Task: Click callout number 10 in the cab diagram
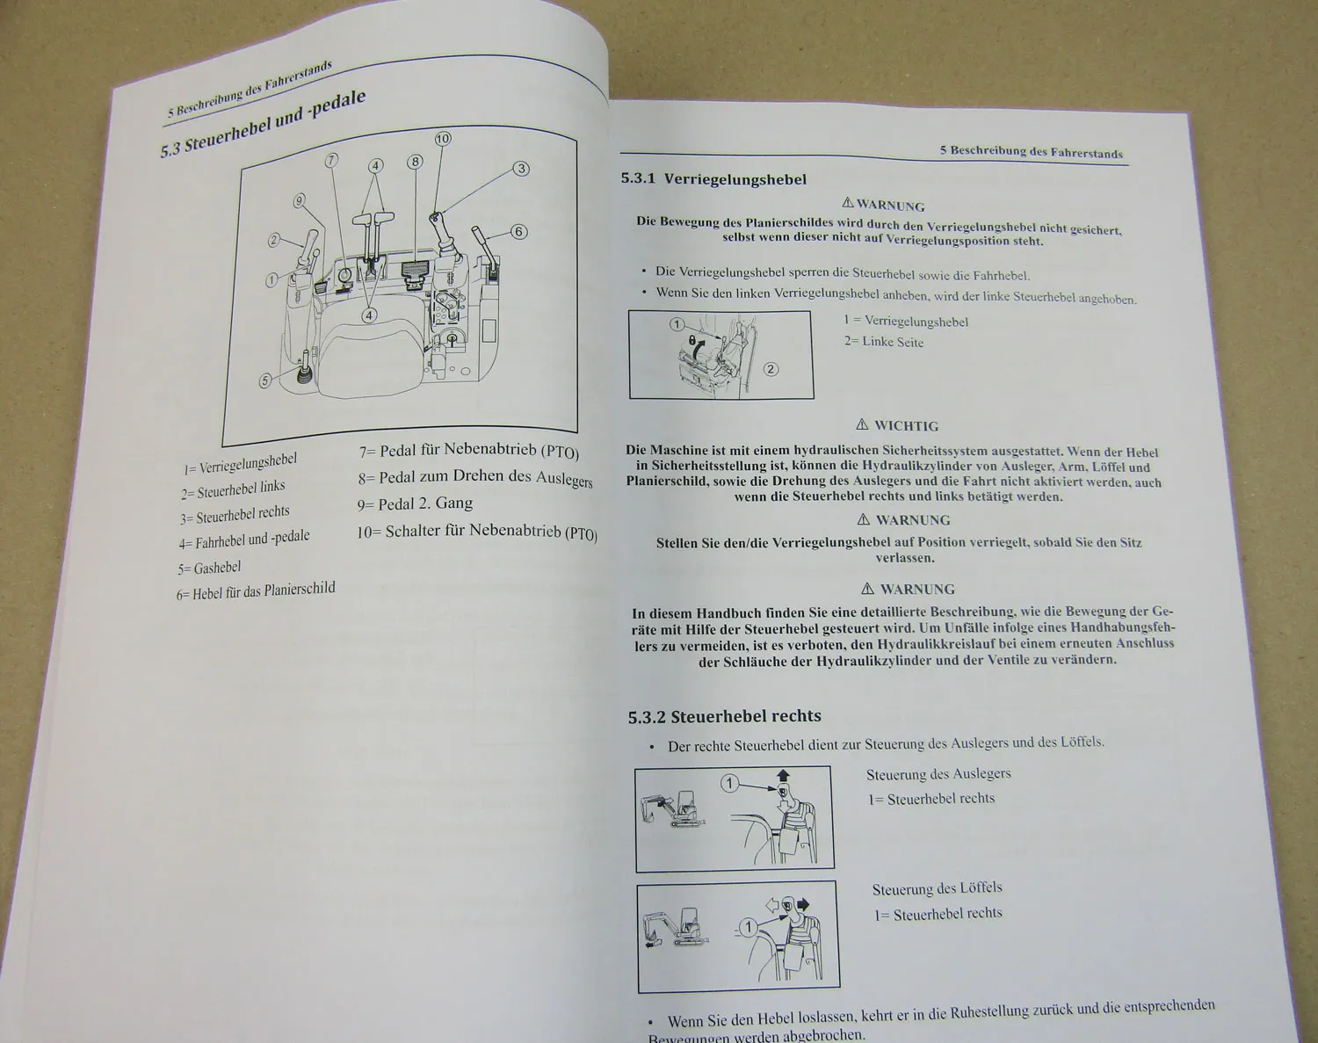click(443, 139)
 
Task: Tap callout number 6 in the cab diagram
click(519, 231)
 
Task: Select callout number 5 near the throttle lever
click(264, 380)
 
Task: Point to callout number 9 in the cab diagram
click(299, 201)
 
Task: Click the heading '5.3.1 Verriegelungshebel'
click(713, 179)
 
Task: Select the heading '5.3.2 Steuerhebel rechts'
click(725, 716)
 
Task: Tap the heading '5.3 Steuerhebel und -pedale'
click(263, 124)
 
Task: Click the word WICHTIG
click(906, 425)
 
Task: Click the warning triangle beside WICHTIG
click(862, 424)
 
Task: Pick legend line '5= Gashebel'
click(209, 569)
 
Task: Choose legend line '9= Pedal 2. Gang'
click(415, 504)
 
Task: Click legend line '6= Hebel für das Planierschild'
click(256, 591)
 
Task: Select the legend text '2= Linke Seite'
click(883, 342)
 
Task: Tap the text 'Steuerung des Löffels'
click(937, 888)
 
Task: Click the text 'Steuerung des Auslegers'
click(938, 774)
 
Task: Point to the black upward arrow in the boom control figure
click(783, 775)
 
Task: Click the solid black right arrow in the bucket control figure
click(803, 904)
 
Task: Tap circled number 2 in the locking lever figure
click(771, 369)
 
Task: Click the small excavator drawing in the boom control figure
click(672, 809)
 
